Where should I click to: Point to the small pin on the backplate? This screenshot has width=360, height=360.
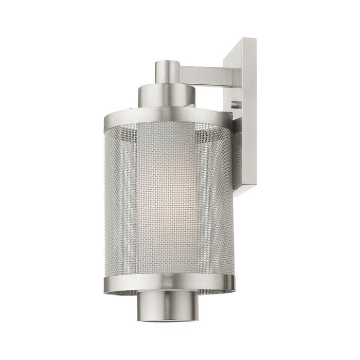tap(235, 104)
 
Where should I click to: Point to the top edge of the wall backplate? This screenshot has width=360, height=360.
tap(242, 40)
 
